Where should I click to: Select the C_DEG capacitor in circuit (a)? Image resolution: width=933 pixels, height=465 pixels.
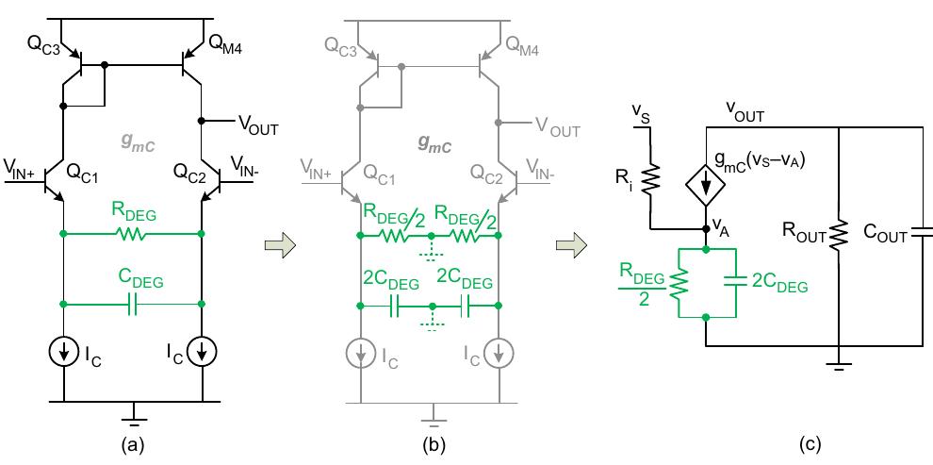click(132, 304)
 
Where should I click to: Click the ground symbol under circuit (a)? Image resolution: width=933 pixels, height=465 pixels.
click(133, 411)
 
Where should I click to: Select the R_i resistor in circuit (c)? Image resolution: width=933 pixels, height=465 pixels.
click(649, 175)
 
